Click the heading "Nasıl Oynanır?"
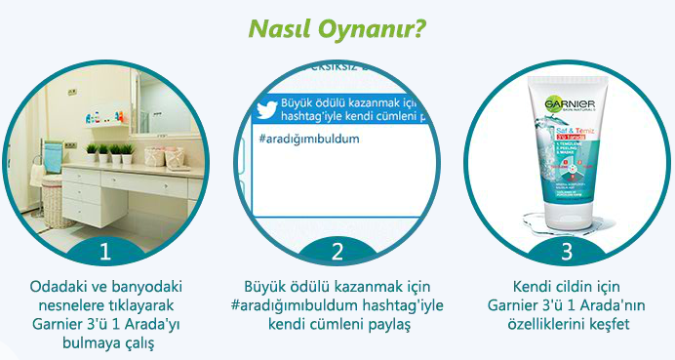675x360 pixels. coord(337,29)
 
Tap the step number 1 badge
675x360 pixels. coord(104,252)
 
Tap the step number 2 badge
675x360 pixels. coord(337,252)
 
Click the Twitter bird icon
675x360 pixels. coord(266,107)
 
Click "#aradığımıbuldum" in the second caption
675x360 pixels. coord(289,304)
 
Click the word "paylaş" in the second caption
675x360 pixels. coord(383,323)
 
